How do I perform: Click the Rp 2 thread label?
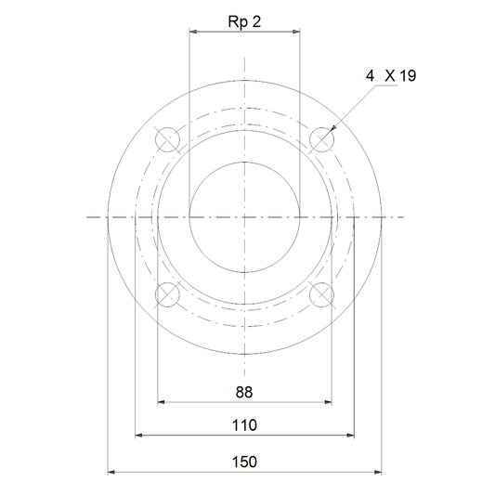click(x=244, y=21)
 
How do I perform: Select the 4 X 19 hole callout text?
click(x=391, y=76)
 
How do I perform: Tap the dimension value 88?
click(x=244, y=393)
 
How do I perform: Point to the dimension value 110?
click(x=244, y=425)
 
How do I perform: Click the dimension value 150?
click(x=244, y=462)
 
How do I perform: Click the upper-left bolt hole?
click(x=167, y=139)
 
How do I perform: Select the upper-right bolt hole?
click(x=321, y=139)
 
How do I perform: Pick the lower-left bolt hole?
click(x=167, y=294)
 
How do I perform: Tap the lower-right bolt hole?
click(x=321, y=294)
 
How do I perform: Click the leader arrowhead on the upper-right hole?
click(x=332, y=128)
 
